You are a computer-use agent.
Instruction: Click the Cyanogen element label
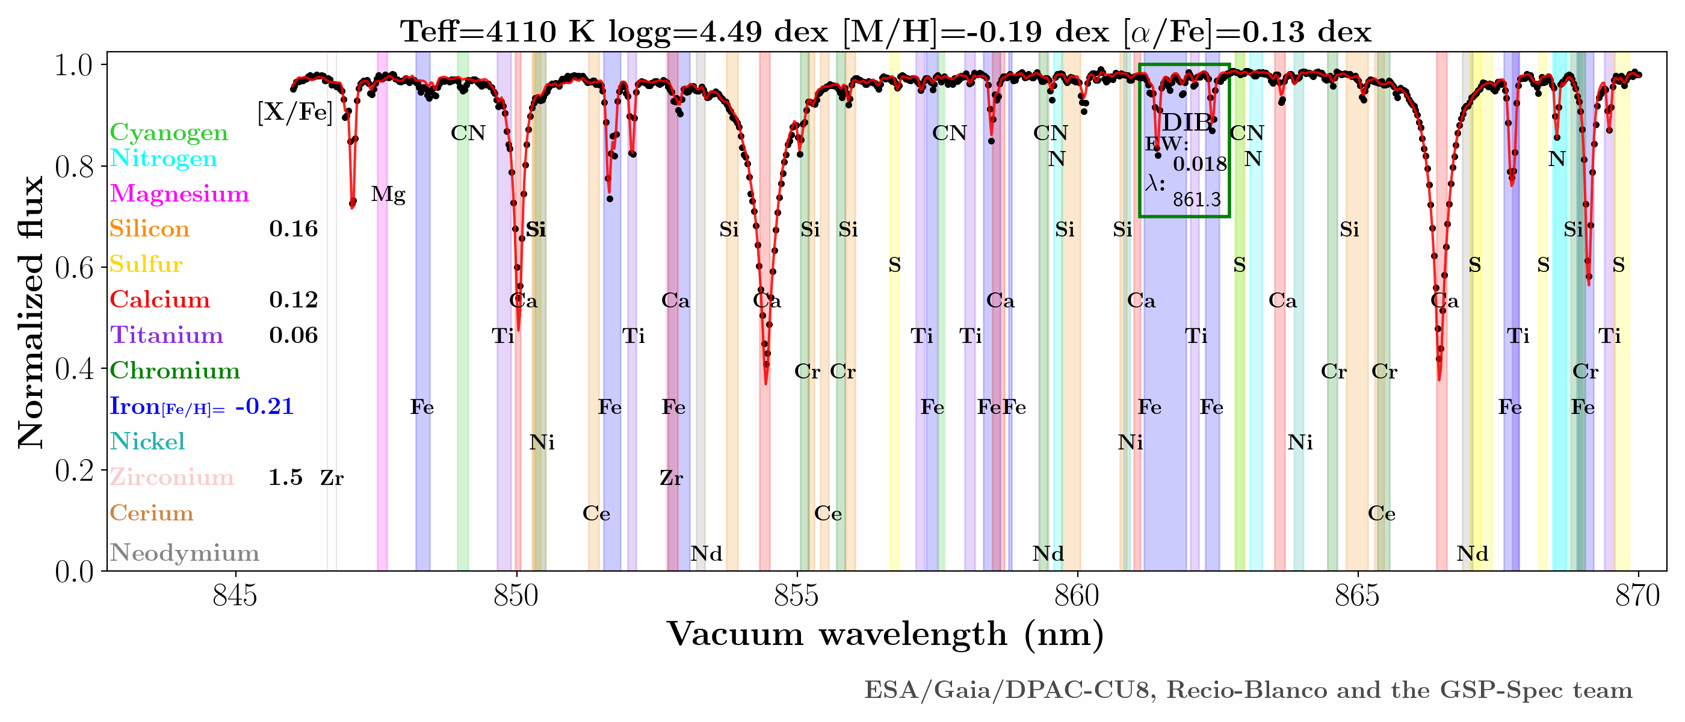tap(168, 132)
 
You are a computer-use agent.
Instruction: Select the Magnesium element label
tap(179, 194)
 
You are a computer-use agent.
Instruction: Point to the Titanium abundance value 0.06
tap(293, 336)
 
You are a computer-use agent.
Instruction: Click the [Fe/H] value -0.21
tap(264, 406)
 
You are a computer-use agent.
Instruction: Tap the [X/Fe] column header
tap(295, 113)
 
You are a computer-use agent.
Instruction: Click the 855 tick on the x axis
tap(797, 595)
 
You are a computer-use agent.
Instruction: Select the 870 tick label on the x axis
tap(1638, 595)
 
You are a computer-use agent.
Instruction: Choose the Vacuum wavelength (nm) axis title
tap(885, 634)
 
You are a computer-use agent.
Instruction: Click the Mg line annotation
tap(388, 194)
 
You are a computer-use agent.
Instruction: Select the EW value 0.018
tap(1199, 164)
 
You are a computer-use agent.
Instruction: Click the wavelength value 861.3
tap(1196, 200)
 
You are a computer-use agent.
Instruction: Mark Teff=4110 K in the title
tap(497, 31)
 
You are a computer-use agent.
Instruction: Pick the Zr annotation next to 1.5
tap(332, 478)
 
